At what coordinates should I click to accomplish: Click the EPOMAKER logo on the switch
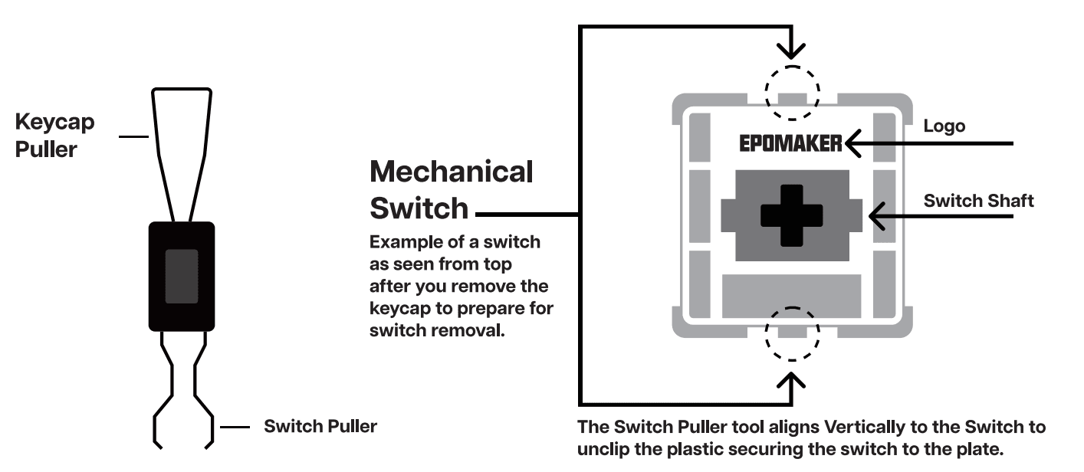(x=790, y=143)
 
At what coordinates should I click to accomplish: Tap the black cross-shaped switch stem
(x=792, y=215)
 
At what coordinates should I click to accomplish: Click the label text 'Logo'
(x=944, y=126)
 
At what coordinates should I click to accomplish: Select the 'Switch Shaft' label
(x=978, y=201)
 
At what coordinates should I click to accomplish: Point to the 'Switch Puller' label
(x=320, y=425)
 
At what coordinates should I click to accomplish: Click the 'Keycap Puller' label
(x=55, y=136)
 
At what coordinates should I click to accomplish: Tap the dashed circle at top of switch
(x=793, y=92)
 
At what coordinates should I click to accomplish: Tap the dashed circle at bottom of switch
(x=793, y=334)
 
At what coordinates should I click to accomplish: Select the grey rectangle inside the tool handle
(x=182, y=276)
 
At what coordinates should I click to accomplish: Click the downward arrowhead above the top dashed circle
(x=793, y=52)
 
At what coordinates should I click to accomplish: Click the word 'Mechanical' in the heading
(x=451, y=172)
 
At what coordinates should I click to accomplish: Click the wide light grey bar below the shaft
(x=792, y=293)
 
